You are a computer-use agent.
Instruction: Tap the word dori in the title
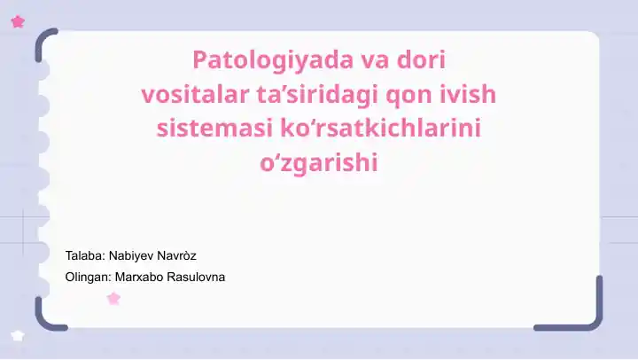point(420,60)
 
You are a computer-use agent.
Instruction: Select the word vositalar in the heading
point(183,94)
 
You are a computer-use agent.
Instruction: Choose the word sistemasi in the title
point(202,128)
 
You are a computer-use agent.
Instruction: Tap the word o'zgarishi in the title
point(318,163)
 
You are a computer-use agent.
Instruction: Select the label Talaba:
point(84,256)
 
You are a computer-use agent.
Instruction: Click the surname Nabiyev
point(132,256)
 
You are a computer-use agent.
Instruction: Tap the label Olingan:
point(89,277)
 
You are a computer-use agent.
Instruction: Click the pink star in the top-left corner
point(18,22)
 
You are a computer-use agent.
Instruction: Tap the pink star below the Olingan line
point(113,299)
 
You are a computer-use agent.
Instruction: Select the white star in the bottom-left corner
point(18,336)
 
